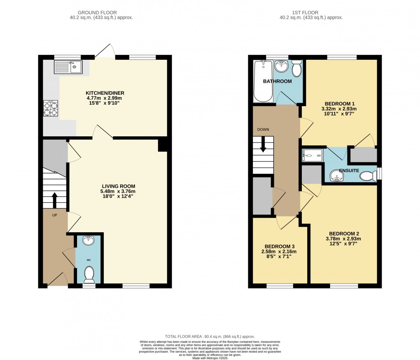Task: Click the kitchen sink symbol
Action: (x=68, y=67)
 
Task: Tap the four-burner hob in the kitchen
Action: (x=51, y=108)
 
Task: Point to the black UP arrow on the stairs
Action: (x=54, y=199)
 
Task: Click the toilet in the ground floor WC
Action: (x=89, y=272)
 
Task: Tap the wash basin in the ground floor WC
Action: (x=88, y=240)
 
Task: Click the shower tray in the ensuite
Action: (x=313, y=155)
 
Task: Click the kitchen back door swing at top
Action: (x=105, y=51)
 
